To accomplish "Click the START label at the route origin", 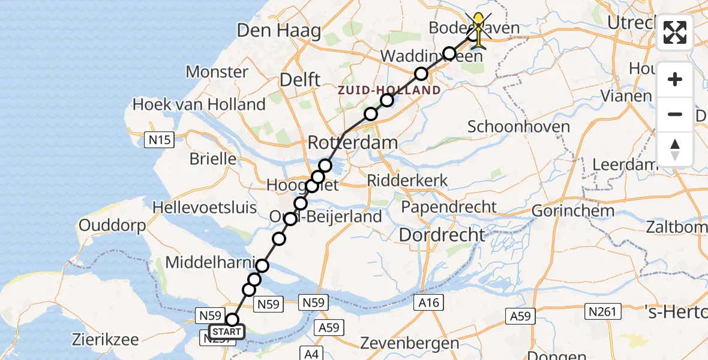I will click(227, 332).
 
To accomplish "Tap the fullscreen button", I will click(675, 32).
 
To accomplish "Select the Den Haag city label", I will click(279, 31).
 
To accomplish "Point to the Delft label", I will click(301, 80).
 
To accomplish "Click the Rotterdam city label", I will click(353, 143).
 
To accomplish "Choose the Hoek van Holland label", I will click(199, 104).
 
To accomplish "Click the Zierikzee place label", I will click(105, 340).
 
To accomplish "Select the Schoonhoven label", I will click(510, 127).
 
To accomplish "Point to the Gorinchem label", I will click(573, 211).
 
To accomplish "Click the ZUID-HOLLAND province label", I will click(389, 90).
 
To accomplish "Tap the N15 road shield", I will click(160, 140).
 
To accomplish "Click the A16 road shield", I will click(429, 303).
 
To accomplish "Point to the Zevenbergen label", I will click(409, 344).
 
